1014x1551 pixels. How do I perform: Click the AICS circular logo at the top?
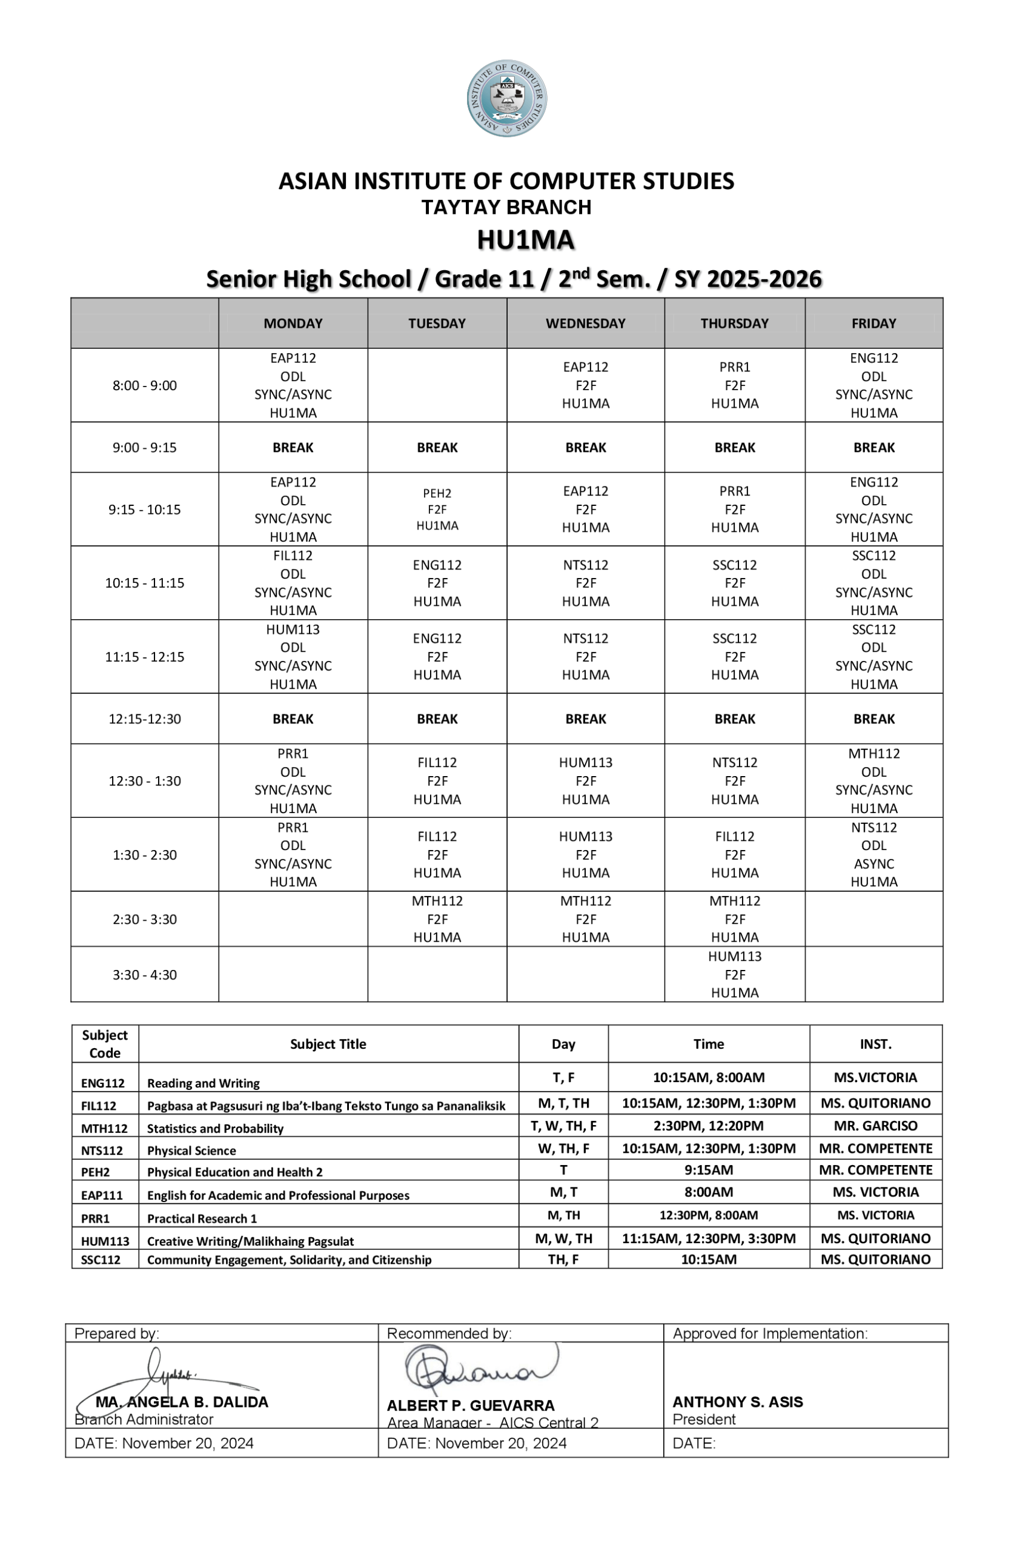coord(506,98)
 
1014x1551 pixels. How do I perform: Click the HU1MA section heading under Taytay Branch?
coord(525,240)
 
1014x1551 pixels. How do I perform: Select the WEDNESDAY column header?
coord(585,324)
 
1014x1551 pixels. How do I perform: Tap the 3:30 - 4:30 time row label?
coord(145,974)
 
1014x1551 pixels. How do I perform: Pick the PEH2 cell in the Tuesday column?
coord(437,509)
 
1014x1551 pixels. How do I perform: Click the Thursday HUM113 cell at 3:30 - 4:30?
coord(734,974)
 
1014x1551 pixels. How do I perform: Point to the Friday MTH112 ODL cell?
coord(873,780)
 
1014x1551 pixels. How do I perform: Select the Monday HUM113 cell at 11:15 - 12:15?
coord(293,656)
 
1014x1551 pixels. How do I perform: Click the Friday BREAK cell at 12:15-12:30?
coord(873,719)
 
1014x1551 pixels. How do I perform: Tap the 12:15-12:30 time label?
coord(145,719)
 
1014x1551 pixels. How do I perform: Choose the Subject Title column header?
coord(328,1044)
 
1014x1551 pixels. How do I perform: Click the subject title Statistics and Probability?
coord(215,1129)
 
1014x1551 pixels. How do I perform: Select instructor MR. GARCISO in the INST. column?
coord(875,1126)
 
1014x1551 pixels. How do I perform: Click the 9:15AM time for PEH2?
coord(708,1170)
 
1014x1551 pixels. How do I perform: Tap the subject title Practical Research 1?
coord(202,1218)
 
